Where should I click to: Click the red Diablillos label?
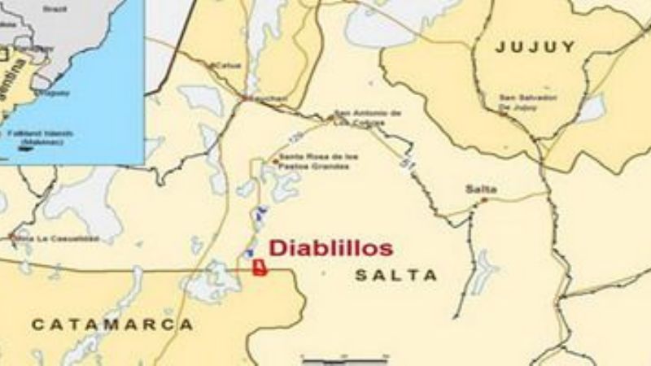pyautogui.click(x=330, y=248)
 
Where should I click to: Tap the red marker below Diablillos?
pyautogui.click(x=260, y=269)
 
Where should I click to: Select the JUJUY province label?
pyautogui.click(x=535, y=47)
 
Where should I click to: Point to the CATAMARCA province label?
pyautogui.click(x=112, y=325)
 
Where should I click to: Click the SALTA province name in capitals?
pyautogui.click(x=395, y=276)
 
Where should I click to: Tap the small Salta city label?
pyautogui.click(x=480, y=189)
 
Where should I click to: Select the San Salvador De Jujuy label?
pyautogui.click(x=528, y=102)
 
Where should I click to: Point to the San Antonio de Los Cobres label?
pyautogui.click(x=368, y=117)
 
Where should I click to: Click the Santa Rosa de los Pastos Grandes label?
pyautogui.click(x=313, y=161)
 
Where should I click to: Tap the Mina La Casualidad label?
pyautogui.click(x=56, y=238)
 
